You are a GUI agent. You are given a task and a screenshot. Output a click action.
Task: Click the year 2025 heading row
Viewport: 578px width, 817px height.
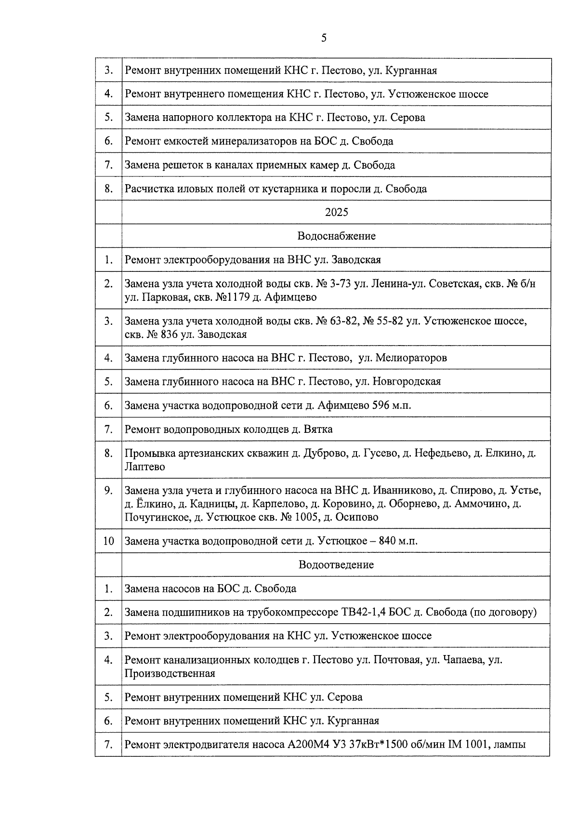336,212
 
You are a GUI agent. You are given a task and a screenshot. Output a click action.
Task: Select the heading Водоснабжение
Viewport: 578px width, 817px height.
336,236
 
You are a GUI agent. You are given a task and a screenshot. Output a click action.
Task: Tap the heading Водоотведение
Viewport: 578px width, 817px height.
336,564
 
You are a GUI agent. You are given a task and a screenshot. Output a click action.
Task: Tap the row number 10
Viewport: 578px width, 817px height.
108,541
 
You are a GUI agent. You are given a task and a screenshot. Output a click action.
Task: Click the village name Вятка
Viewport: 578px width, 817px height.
318,429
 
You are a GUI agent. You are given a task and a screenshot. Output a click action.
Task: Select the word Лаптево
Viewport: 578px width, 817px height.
144,467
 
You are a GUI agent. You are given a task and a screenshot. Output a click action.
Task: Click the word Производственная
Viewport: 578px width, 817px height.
170,673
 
